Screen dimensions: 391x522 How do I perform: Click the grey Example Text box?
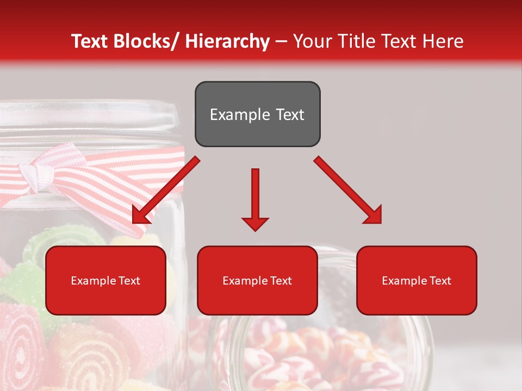click(257, 114)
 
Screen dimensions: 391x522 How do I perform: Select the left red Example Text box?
click(105, 280)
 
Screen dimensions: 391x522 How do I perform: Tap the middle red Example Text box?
click(257, 280)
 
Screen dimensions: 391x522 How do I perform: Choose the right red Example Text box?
click(417, 280)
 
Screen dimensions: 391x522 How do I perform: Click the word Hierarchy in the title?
click(227, 41)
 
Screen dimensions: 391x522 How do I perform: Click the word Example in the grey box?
click(234, 115)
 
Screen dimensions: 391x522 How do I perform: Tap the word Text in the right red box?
click(440, 280)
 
